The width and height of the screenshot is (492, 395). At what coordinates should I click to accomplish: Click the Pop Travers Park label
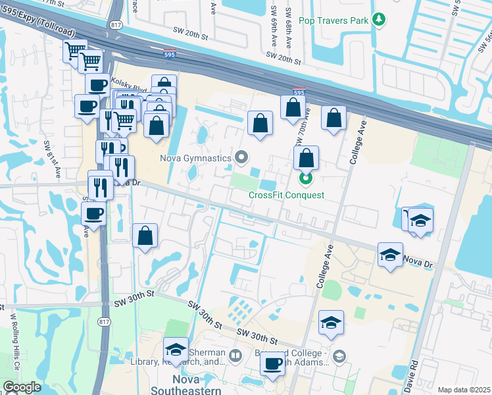click(333, 20)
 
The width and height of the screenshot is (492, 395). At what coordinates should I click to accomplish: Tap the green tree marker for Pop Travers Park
click(378, 20)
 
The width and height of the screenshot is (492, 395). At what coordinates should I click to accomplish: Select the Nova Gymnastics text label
click(195, 157)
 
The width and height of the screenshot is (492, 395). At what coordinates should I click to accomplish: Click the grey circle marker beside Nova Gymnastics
click(242, 157)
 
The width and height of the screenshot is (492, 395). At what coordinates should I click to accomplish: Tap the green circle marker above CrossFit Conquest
click(305, 178)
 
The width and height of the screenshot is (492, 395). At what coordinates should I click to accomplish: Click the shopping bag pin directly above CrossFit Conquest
click(306, 159)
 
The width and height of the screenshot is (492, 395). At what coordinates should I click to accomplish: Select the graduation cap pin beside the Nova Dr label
click(390, 255)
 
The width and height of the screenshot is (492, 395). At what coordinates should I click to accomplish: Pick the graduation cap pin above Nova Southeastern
click(176, 350)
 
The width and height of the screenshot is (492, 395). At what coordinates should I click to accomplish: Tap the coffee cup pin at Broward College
click(273, 364)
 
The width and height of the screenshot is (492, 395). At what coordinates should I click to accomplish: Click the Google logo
click(21, 387)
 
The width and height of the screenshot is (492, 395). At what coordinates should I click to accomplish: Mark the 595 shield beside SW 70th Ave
click(299, 93)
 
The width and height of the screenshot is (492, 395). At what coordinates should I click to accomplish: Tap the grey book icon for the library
click(235, 357)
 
